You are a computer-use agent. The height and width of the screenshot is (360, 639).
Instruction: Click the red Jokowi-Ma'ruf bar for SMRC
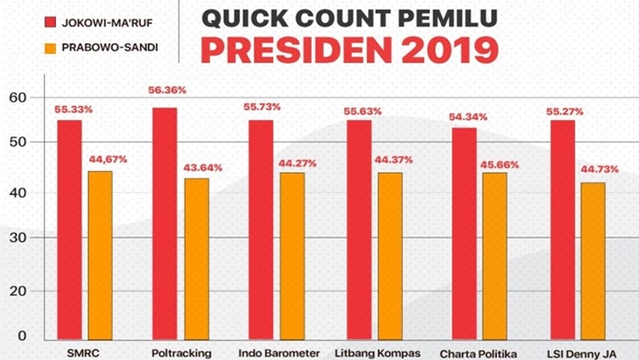(x=69, y=229)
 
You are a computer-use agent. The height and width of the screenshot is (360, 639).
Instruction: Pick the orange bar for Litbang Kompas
(x=390, y=255)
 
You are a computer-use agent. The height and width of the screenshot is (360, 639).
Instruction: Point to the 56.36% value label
(x=165, y=90)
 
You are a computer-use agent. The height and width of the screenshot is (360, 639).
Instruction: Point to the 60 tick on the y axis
(x=19, y=96)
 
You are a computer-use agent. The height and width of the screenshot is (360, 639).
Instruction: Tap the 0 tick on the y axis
(x=23, y=336)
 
